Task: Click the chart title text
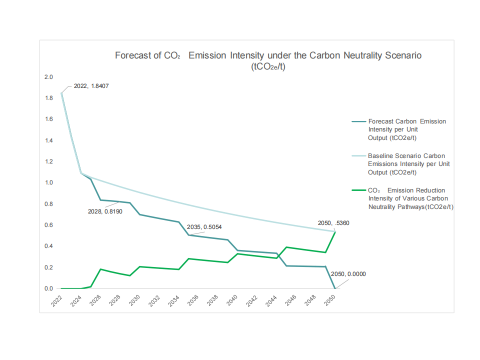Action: pyautogui.click(x=268, y=55)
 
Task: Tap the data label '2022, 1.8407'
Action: pyautogui.click(x=91, y=86)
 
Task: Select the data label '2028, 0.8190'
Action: pyautogui.click(x=105, y=210)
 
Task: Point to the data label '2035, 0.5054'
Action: pyautogui.click(x=204, y=227)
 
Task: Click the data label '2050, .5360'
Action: pyautogui.click(x=333, y=223)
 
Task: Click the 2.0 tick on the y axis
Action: pyautogui.click(x=48, y=77)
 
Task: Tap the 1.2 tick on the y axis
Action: pyautogui.click(x=48, y=161)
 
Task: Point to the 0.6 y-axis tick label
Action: pyautogui.click(x=48, y=225)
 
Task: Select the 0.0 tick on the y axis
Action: pyautogui.click(x=48, y=288)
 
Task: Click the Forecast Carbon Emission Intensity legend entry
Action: pyautogui.click(x=406, y=129)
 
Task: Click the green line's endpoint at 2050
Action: pyautogui.click(x=335, y=232)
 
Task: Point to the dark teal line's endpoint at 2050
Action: pyautogui.click(x=335, y=288)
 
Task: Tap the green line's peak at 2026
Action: pyautogui.click(x=100, y=269)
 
